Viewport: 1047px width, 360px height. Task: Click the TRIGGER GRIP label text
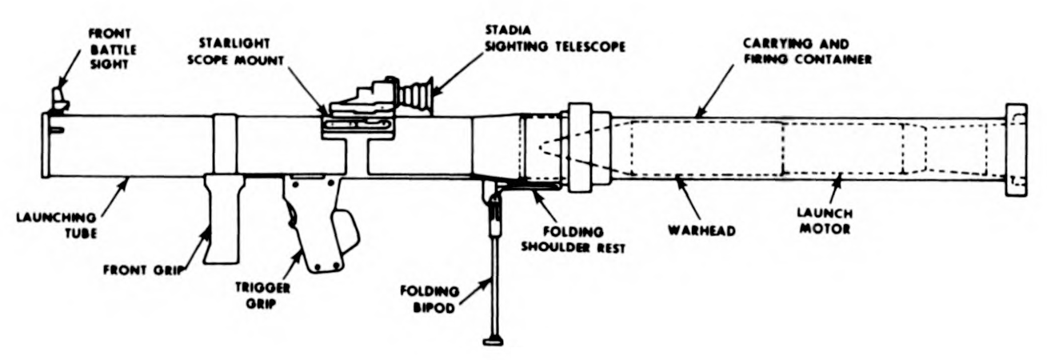pos(262,293)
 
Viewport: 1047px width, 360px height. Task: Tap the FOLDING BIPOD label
pos(434,297)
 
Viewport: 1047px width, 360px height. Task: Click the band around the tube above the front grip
pos(225,145)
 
